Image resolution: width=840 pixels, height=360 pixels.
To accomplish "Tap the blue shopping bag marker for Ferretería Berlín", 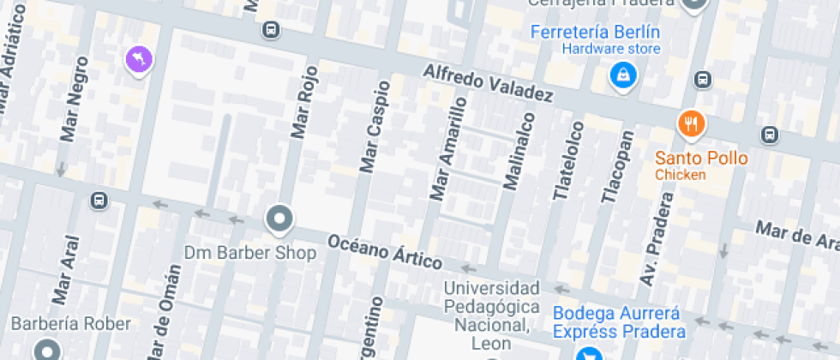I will [x=623, y=75].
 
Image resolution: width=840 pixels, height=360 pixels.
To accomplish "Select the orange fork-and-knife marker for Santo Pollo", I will [x=691, y=125].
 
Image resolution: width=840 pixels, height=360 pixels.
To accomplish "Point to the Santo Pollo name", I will [x=701, y=158].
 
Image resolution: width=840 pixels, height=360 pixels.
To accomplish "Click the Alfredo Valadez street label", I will [x=488, y=83].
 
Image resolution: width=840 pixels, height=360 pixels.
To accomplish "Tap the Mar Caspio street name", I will [x=375, y=126].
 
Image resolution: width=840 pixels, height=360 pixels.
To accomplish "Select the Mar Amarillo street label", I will [x=448, y=149].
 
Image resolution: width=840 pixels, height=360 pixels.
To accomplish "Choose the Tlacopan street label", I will [x=617, y=167].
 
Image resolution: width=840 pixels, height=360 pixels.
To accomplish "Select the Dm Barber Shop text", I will [x=250, y=253].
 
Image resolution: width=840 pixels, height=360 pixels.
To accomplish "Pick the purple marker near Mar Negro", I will [x=138, y=60].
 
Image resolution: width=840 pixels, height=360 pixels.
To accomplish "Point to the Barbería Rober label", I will [x=71, y=324].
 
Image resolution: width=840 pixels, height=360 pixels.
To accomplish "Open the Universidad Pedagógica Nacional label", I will [x=491, y=315].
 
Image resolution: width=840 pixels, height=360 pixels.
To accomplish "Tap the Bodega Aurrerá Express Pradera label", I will [x=619, y=322].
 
